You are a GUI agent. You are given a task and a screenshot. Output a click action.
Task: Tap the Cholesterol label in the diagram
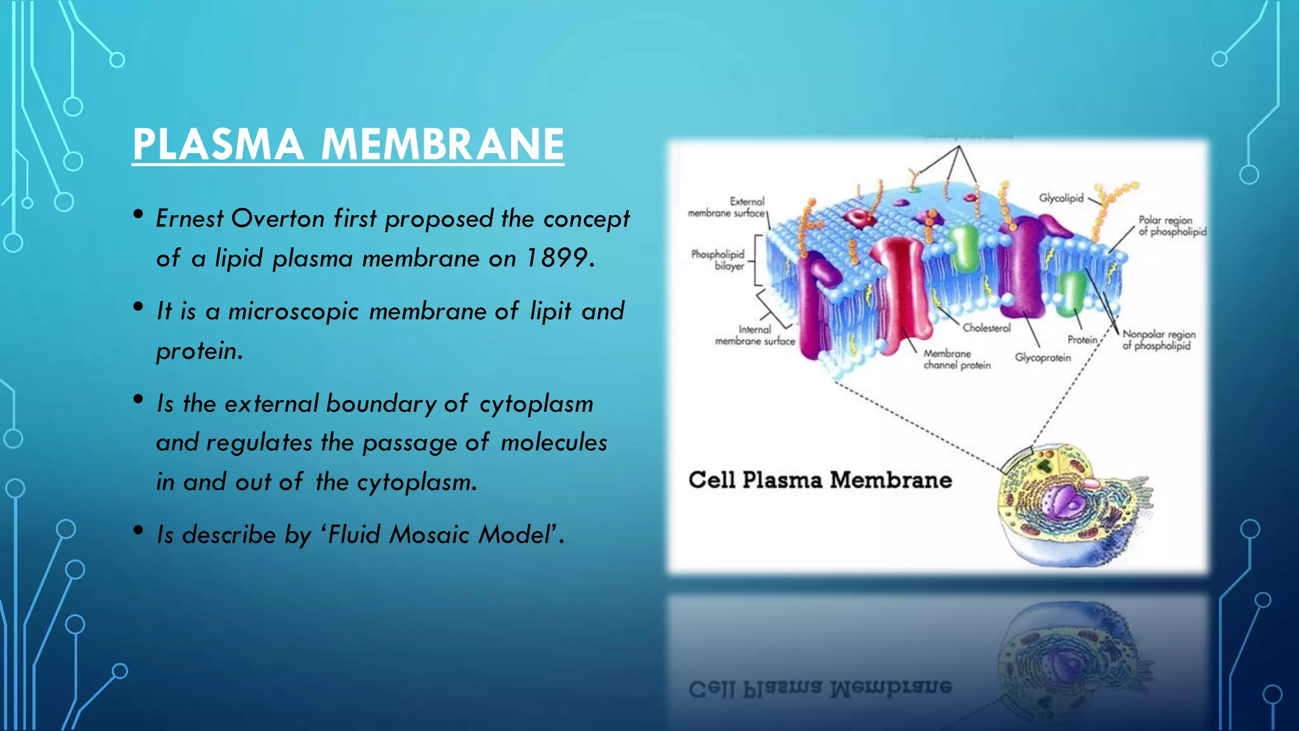coord(986,328)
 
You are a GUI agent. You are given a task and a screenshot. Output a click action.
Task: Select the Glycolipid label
coord(1061,198)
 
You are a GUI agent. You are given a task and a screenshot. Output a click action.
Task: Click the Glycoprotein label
coord(1043,357)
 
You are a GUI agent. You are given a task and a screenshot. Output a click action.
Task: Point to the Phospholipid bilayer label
coord(718,260)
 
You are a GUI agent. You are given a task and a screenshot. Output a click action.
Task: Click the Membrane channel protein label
coord(956,359)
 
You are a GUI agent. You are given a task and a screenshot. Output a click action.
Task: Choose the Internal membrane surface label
coord(755,335)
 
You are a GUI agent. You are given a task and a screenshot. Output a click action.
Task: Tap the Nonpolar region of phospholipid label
coord(1158,339)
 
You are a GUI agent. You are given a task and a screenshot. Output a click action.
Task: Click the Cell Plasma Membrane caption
coord(819,480)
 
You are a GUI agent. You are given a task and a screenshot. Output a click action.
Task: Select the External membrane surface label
coord(728,207)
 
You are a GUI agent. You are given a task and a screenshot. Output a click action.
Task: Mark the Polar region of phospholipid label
coord(1172,226)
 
